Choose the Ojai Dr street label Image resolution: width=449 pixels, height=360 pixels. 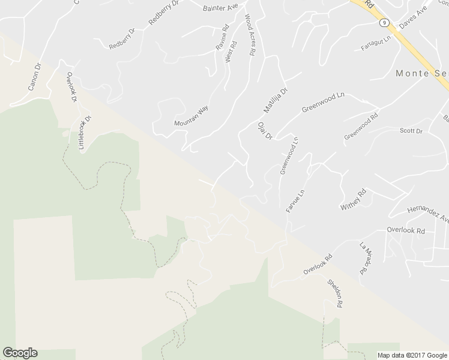[x=265, y=131]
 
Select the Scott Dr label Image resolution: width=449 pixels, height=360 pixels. [x=411, y=131]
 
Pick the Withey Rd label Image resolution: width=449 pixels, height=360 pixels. [x=353, y=200]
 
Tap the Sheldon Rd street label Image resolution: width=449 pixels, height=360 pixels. [x=334, y=293]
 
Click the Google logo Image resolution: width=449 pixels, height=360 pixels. [x=20, y=353]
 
